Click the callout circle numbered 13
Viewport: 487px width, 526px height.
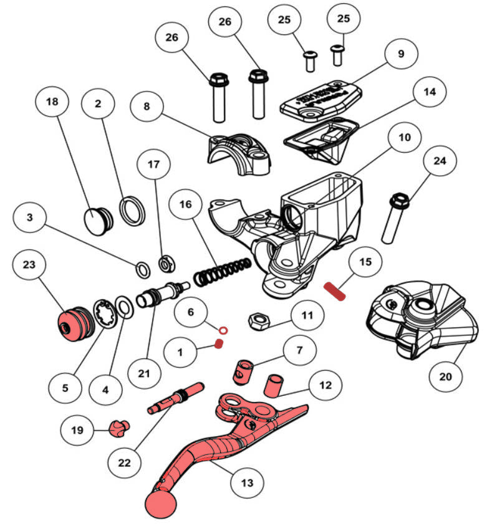247,482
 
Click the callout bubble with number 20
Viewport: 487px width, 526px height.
450,376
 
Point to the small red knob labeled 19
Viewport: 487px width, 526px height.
118,428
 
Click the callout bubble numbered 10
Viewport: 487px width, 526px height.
405,136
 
